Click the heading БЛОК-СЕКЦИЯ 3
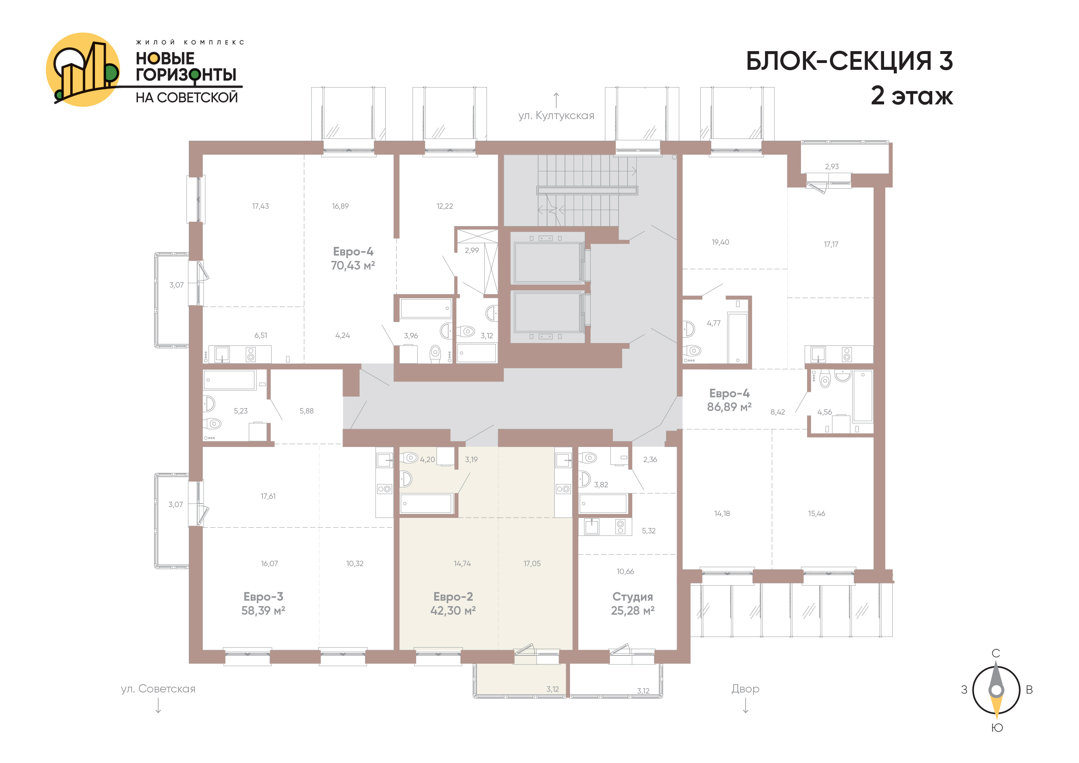(849, 61)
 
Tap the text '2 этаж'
(912, 95)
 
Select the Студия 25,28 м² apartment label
(633, 604)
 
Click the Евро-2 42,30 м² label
(453, 604)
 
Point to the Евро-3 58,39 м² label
(263, 604)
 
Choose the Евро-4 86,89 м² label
(729, 400)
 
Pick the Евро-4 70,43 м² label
(353, 258)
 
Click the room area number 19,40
(720, 242)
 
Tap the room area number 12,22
(445, 206)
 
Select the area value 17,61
(268, 496)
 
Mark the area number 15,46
(817, 513)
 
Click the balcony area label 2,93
(832, 166)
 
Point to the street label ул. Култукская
(556, 116)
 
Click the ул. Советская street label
(158, 689)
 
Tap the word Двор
(745, 689)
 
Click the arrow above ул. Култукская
(556, 100)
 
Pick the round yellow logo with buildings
(83, 69)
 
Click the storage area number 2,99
(472, 250)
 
